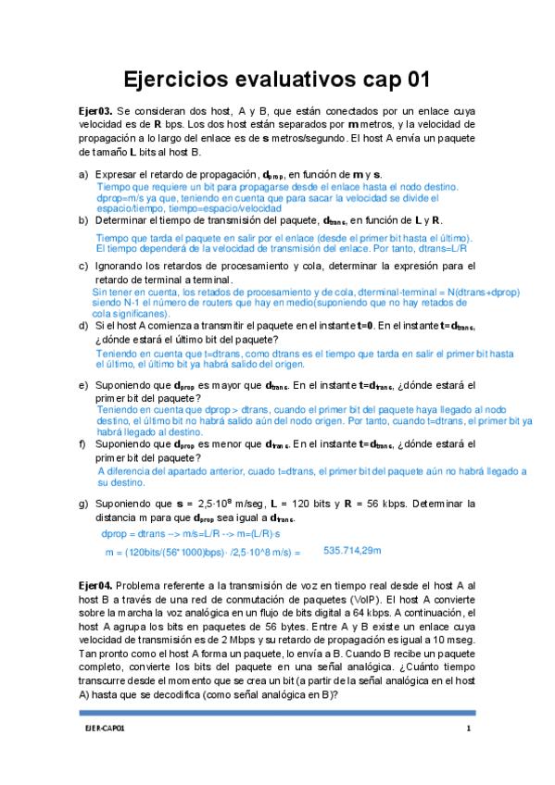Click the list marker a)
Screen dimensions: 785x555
point(83,174)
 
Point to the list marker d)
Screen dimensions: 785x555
point(83,326)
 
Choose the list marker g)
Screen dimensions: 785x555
point(83,504)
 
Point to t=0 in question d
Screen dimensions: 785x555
point(364,326)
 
